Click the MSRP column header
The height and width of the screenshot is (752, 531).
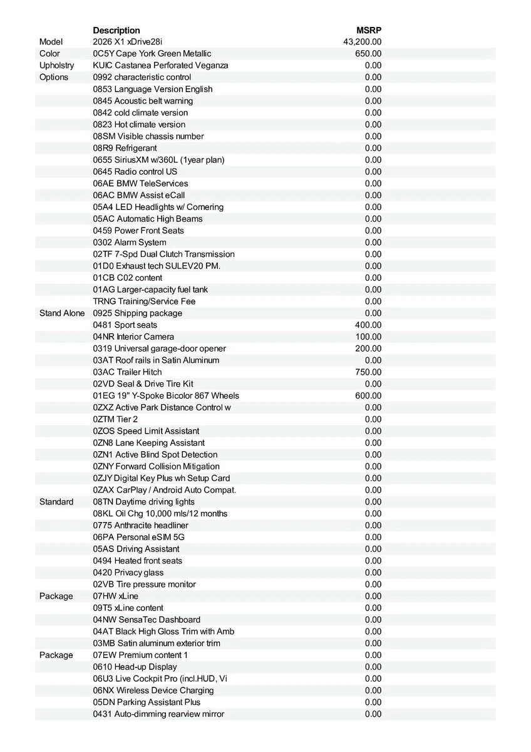click(369, 30)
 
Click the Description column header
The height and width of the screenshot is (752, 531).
click(116, 30)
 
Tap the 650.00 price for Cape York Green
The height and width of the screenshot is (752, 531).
click(368, 54)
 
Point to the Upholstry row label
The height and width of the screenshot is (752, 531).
click(56, 65)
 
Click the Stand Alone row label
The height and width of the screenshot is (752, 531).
click(62, 313)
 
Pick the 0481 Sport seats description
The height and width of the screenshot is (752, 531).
click(125, 325)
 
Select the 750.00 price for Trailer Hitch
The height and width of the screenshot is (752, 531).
click(368, 372)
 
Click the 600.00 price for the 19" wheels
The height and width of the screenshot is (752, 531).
click(368, 395)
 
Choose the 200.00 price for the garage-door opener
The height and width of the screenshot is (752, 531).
click(368, 348)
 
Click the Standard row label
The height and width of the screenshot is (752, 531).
click(56, 501)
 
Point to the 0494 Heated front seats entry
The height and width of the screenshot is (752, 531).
click(138, 560)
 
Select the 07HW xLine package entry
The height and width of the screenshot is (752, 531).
click(116, 596)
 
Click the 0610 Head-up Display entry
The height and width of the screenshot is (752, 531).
click(135, 667)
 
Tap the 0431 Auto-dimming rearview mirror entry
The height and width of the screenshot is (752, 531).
click(158, 714)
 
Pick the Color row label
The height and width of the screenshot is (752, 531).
click(50, 54)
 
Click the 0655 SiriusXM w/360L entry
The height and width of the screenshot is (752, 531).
click(158, 160)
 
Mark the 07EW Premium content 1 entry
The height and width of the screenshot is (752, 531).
click(140, 655)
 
